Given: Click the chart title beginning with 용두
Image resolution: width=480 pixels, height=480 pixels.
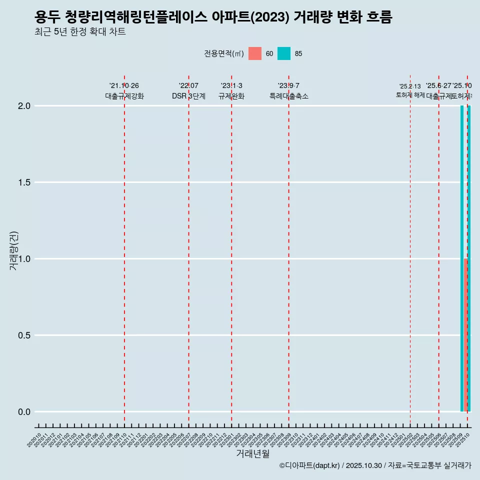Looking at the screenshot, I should pos(213,17).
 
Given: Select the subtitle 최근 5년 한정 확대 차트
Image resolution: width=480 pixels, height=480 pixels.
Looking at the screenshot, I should pos(80,32).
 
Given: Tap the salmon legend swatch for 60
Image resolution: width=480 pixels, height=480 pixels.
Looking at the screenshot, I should pos(255,53).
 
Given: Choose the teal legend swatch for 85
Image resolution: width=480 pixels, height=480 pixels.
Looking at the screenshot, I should pos(284,53).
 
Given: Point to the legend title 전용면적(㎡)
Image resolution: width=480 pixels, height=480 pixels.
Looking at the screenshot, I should pos(224,53).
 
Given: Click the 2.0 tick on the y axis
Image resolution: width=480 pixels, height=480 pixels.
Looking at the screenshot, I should pos(24,106).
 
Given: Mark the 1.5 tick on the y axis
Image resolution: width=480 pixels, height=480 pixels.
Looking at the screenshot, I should pos(24,182).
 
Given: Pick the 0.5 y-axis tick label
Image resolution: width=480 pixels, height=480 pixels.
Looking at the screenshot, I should pos(24,335).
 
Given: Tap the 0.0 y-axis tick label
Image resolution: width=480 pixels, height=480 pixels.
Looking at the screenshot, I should pos(24,412).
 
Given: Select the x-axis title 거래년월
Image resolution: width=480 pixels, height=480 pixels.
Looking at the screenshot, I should pos(252,454).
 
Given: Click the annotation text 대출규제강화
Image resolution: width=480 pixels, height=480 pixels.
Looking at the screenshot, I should pos(124,96).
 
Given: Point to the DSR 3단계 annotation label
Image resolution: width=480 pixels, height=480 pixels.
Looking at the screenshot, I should pos(188,96).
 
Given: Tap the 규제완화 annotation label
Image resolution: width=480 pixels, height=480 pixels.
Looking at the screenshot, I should pos(231,96).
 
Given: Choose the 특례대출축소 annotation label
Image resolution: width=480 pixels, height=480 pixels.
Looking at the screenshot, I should pos(289,96).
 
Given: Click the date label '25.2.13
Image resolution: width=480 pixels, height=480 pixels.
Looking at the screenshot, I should pos(410,86).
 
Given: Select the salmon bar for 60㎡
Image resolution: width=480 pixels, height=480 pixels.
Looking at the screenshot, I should pos(465,335).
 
